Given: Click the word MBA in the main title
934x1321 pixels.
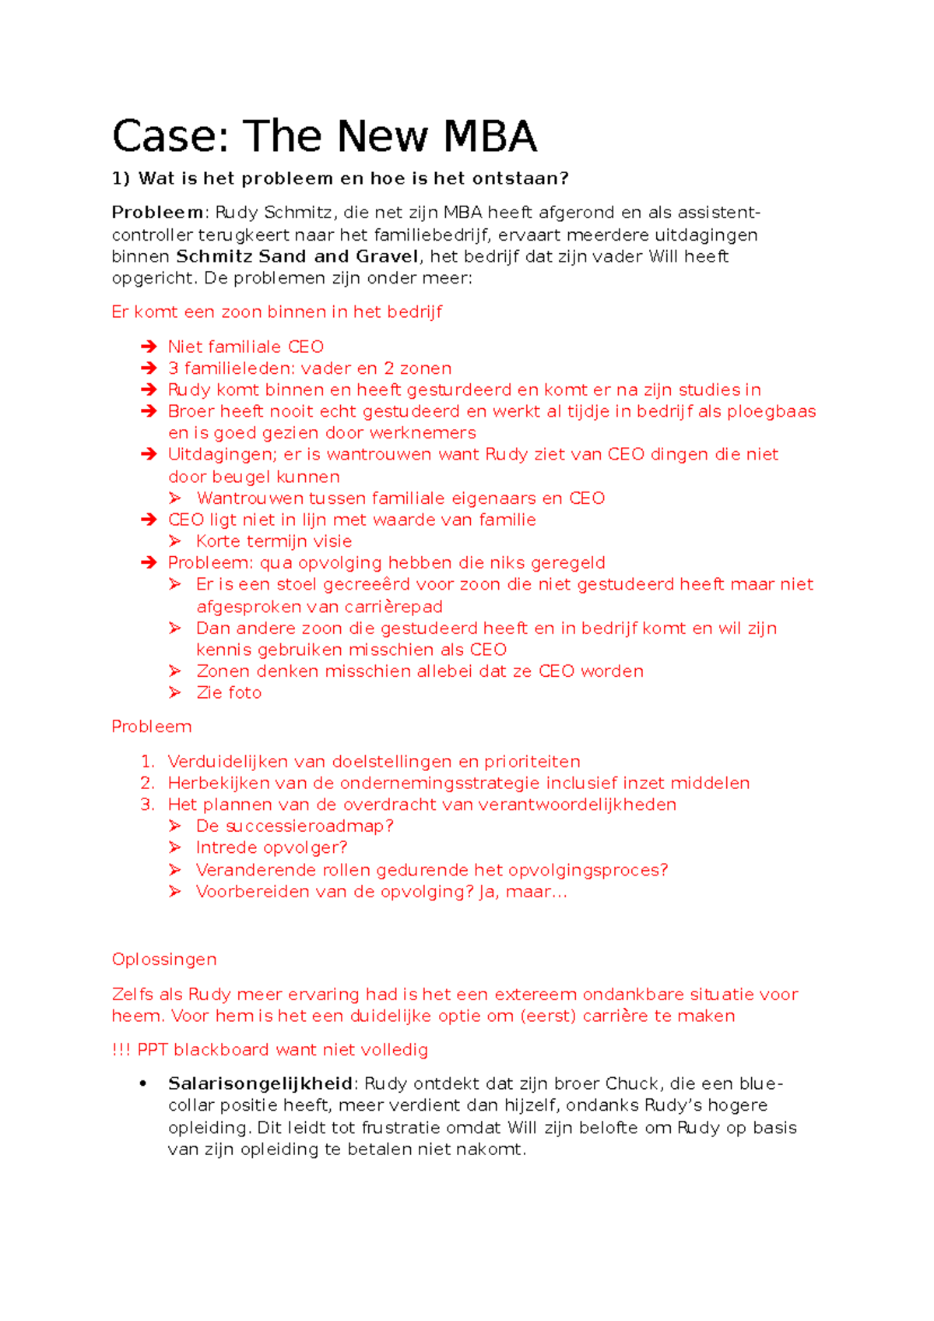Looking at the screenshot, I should [490, 137].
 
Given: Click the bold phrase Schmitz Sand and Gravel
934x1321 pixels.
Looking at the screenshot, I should [297, 256].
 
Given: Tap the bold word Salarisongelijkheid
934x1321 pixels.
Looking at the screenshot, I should [260, 1083].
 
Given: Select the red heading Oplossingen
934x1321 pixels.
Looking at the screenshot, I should [164, 960].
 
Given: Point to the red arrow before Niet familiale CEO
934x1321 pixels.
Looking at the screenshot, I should [149, 347].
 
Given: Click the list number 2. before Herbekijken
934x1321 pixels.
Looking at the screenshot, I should [147, 783].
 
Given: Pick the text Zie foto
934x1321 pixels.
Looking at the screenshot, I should [229, 692].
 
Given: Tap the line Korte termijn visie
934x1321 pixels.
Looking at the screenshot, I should [274, 541].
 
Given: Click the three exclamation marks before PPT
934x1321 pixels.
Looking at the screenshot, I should [121, 1050].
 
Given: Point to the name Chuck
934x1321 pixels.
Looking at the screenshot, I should [631, 1083].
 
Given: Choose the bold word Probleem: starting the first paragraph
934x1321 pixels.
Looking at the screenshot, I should [159, 213].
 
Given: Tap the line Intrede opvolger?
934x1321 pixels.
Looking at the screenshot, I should [272, 847].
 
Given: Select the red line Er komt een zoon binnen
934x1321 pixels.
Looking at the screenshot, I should [276, 312].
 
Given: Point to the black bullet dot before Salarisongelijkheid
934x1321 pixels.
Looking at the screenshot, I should [143, 1084].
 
